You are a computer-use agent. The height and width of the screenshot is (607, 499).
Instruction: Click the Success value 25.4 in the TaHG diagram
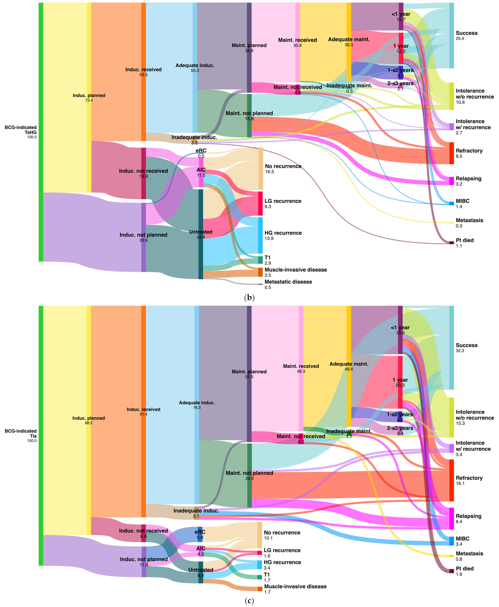tap(460, 39)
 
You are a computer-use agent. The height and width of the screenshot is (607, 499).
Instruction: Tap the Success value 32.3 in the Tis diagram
tap(460, 351)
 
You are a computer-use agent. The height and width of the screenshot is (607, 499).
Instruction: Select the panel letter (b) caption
tap(249, 298)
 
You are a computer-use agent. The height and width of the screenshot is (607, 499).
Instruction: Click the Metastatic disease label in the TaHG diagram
tap(288, 282)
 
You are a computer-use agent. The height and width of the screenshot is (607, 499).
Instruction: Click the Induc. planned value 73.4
tap(89, 100)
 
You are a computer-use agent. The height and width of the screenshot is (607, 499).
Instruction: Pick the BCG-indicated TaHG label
tap(21, 130)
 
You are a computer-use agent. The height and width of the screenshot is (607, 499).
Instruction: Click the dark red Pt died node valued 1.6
tap(452, 571)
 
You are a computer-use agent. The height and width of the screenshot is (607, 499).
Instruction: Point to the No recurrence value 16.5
tap(269, 172)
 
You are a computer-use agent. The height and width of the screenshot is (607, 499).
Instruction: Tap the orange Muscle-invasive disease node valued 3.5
tap(260, 272)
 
